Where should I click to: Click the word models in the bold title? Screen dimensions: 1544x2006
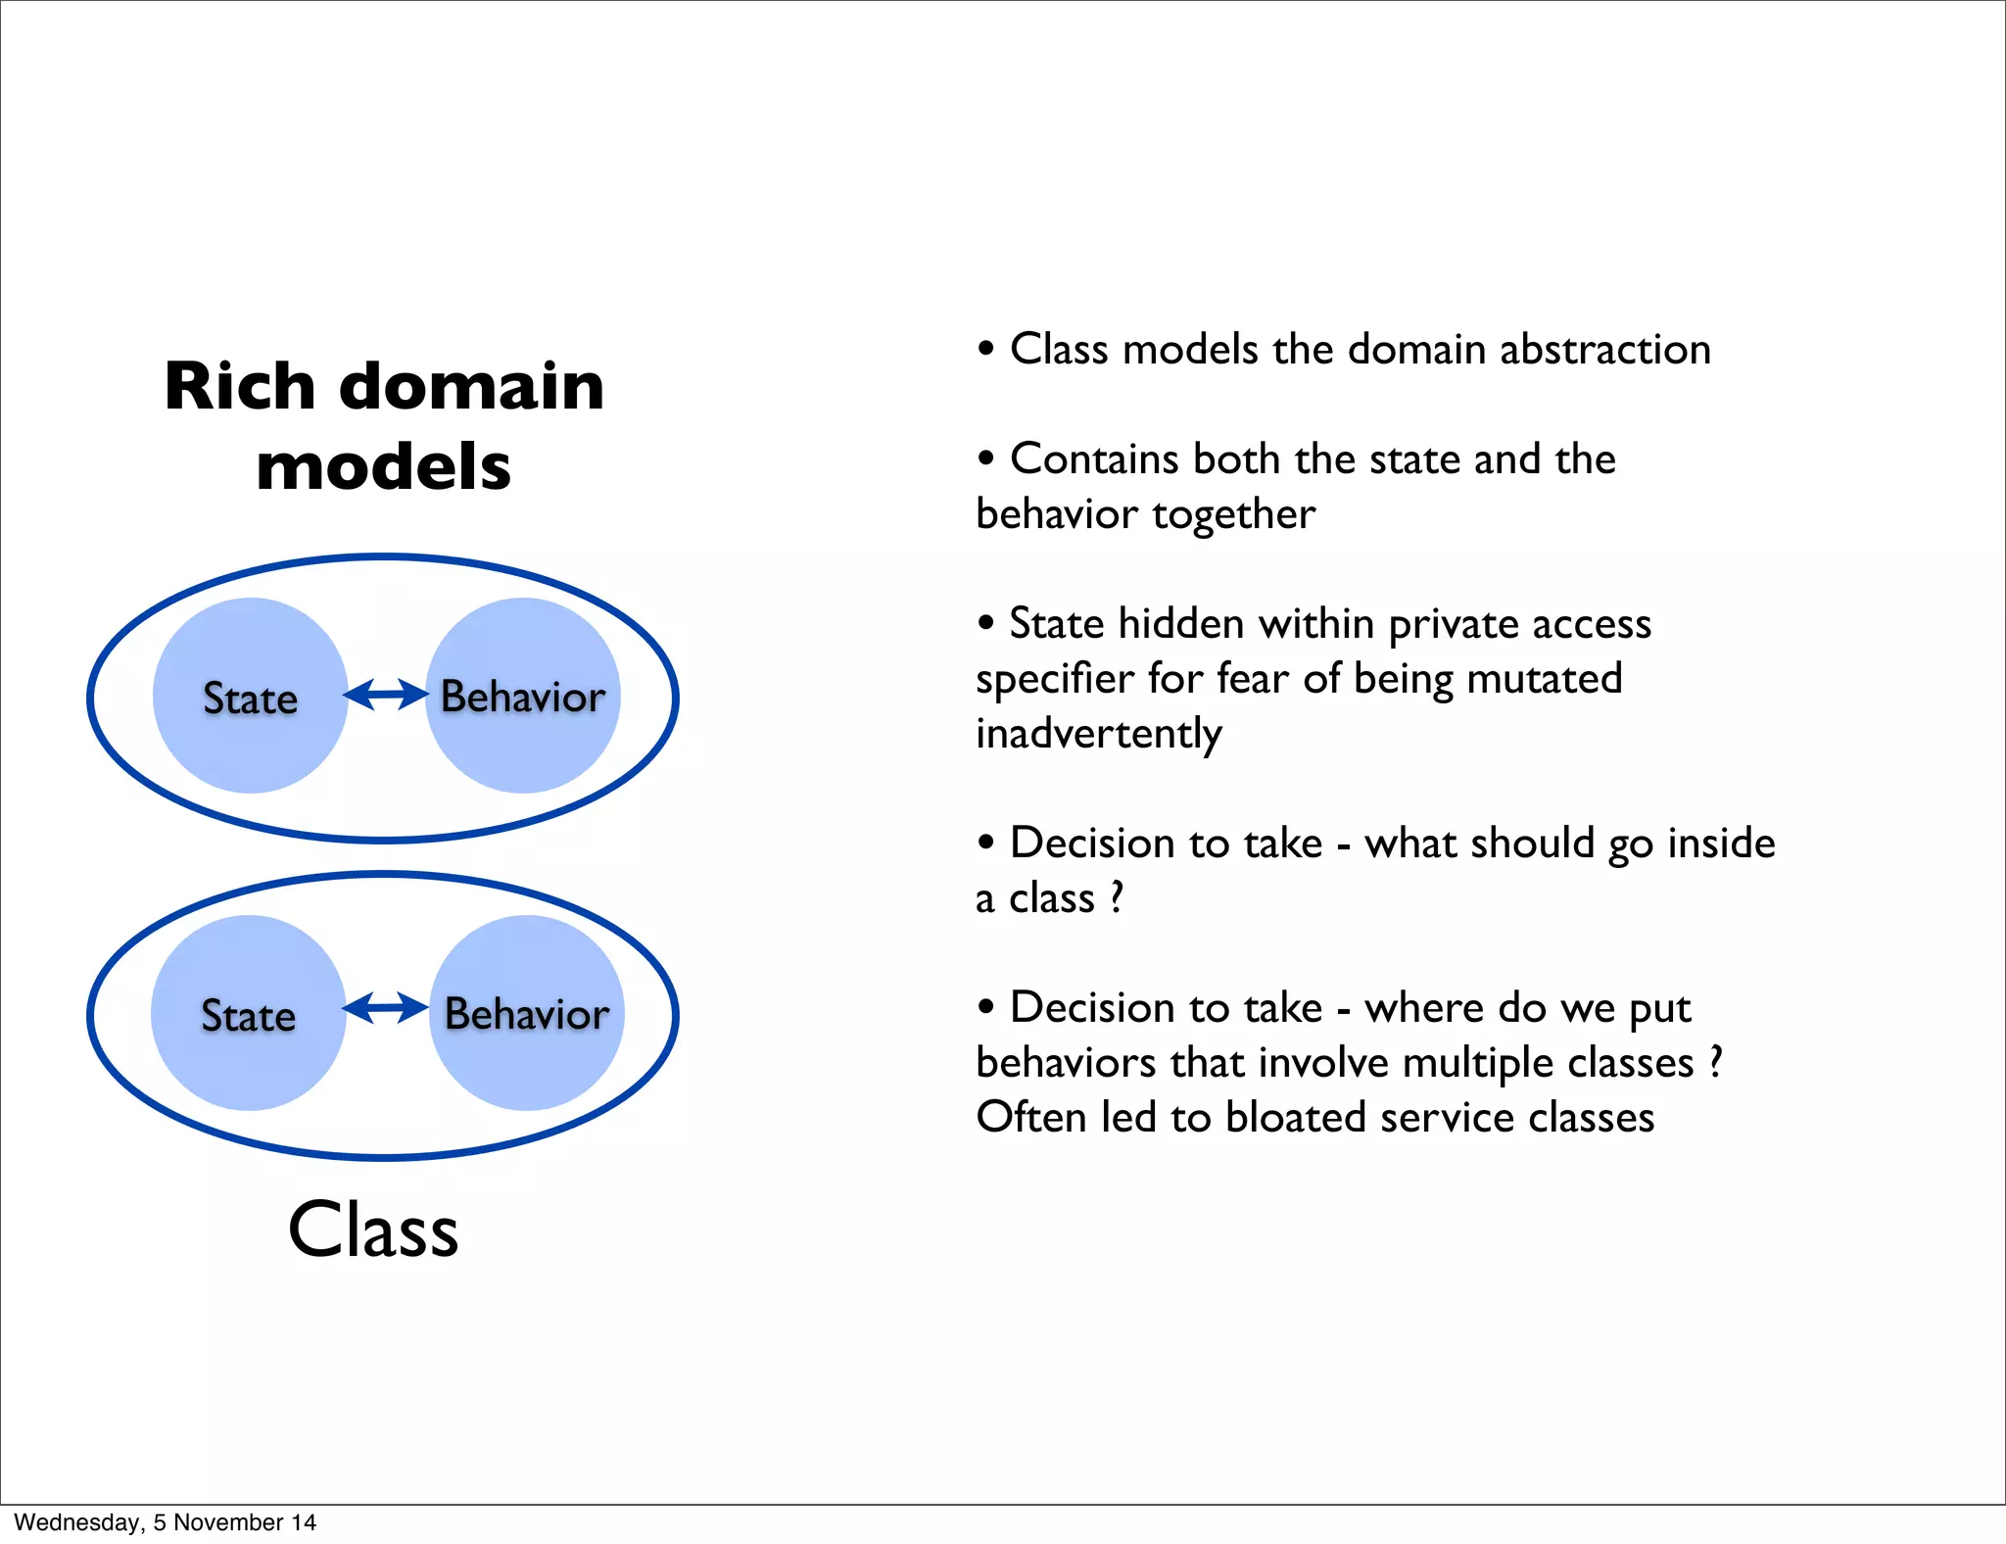pyautogui.click(x=383, y=466)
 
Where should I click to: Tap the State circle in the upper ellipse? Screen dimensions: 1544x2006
pyautogui.click(x=251, y=697)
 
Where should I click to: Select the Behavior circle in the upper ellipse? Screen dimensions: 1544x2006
pyautogui.click(x=523, y=697)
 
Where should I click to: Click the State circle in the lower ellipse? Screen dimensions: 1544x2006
pyautogui.click(x=249, y=1014)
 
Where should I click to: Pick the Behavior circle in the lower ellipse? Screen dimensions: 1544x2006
pyautogui.click(x=527, y=1014)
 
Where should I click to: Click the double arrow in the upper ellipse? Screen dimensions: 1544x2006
pyautogui.click(x=386, y=695)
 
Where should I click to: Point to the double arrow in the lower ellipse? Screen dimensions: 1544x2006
pyautogui.click(x=386, y=1008)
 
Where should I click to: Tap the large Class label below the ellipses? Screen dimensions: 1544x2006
pyautogui.click(x=373, y=1230)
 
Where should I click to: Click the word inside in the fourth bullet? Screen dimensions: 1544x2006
pyautogui.click(x=1721, y=844)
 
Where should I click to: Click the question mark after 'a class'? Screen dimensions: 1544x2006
pyautogui.click(x=1116, y=897)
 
